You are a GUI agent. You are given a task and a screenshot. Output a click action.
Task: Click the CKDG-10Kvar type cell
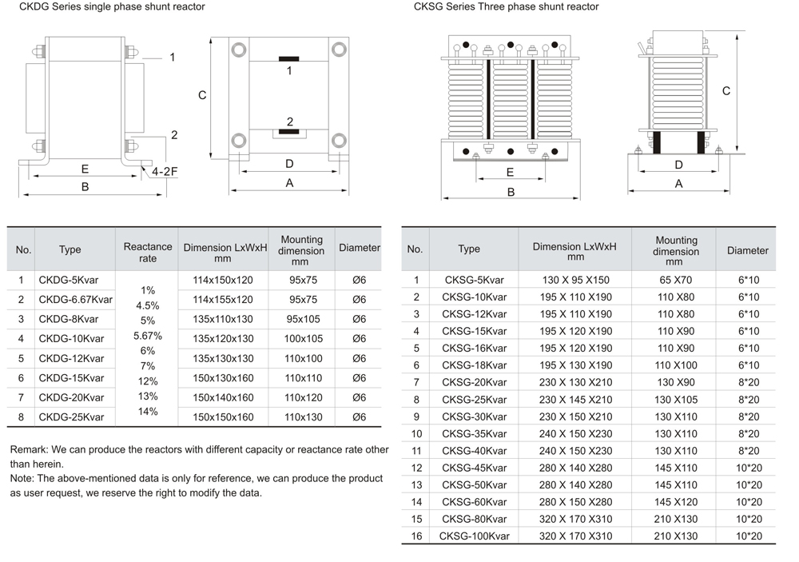[x=71, y=339]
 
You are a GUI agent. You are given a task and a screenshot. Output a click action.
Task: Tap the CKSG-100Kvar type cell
[x=474, y=536]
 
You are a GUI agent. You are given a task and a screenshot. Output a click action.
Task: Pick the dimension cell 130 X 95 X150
[x=574, y=280]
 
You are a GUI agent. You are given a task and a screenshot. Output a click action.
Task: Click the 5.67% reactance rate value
[x=148, y=336]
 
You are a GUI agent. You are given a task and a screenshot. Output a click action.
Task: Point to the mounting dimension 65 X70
[x=675, y=280]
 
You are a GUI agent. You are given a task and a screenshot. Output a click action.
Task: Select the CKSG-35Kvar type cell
[x=474, y=434]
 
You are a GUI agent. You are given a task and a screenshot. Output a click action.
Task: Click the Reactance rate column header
[x=148, y=252]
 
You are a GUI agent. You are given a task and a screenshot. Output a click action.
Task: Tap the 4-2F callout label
[x=165, y=172]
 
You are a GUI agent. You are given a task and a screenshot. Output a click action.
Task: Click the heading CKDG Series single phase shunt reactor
[x=107, y=7]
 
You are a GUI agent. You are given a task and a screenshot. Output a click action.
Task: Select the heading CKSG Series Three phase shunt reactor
[x=506, y=7]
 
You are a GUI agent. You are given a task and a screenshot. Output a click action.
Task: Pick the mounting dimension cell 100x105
[x=303, y=339]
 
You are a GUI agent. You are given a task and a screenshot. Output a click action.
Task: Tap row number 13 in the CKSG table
[x=416, y=485]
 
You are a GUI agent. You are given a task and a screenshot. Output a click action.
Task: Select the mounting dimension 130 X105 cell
[x=675, y=400]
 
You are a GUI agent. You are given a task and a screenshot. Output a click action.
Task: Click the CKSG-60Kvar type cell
[x=474, y=502]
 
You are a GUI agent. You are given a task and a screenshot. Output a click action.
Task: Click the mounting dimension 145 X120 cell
[x=675, y=502]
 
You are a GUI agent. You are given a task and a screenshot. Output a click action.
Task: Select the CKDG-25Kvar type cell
[x=71, y=417]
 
